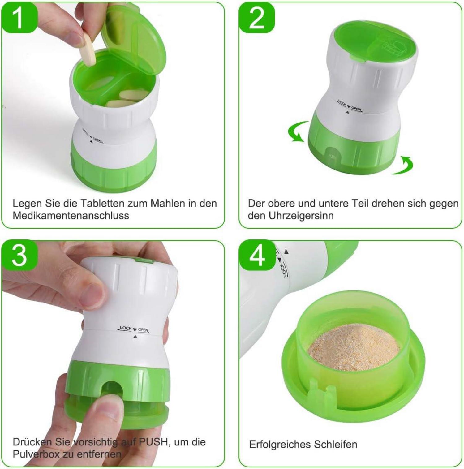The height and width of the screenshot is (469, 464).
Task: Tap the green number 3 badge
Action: [x=19, y=256]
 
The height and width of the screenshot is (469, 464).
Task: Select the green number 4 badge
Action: [x=257, y=256]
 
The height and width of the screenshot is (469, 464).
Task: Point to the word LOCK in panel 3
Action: [x=126, y=328]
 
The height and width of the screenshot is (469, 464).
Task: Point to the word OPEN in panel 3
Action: [x=143, y=330]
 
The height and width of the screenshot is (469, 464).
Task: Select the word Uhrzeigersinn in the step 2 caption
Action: [x=301, y=215]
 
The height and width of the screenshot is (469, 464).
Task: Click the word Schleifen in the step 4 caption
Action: [x=335, y=445]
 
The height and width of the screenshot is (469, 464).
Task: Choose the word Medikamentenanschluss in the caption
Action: [x=71, y=215]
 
